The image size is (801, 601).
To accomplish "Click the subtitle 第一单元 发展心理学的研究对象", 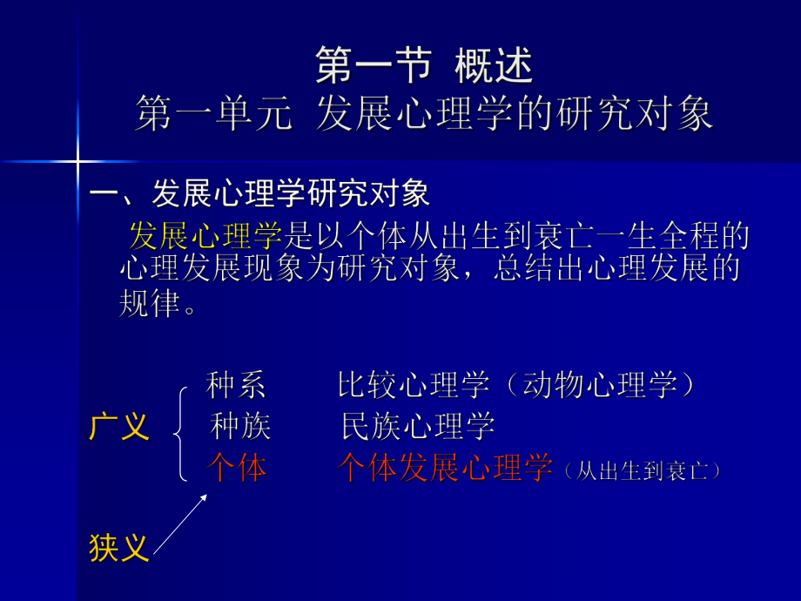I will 424,114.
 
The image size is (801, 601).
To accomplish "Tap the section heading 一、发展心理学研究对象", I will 260,193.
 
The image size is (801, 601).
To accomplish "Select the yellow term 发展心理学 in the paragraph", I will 206,236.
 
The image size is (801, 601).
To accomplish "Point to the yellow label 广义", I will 119,428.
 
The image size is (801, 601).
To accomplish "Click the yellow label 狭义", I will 119,548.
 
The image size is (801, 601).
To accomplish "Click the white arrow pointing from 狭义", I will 180,523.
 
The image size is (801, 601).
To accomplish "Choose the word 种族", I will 240,427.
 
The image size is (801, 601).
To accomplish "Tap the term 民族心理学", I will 418,427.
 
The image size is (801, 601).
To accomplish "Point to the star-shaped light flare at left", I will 77,161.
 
